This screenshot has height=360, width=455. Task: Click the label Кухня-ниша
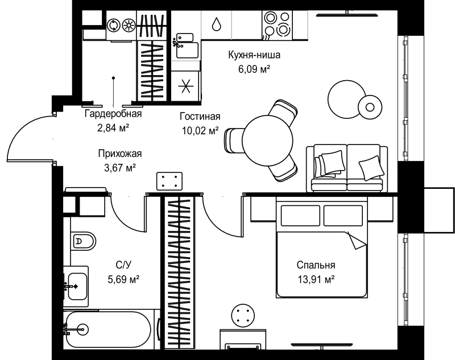pos(254,55)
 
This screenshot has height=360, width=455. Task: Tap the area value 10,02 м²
pos(200,131)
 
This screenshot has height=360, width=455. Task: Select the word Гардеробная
pos(113,113)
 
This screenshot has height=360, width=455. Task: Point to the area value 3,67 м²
pos(120,168)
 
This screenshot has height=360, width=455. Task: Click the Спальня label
pos(316,265)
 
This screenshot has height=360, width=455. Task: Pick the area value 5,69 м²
pos(123,279)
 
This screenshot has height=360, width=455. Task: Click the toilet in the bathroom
pos(83,241)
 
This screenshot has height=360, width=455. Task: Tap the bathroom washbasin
pos(77,286)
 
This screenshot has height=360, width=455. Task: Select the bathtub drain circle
pos(83,329)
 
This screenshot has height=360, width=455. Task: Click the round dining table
pos(267,140)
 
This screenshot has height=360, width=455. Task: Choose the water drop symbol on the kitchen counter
pos(216,24)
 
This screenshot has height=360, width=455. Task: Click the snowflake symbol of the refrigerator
pos(185,86)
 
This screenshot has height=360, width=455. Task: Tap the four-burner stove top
pos(277,24)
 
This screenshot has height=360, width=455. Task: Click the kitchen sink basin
pos(188,50)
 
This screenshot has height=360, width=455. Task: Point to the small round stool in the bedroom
pos(243,315)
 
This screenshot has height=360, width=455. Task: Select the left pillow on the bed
pos(300,216)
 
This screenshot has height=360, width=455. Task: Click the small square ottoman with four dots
pos(169,181)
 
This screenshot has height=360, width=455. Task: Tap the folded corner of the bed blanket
pos(357,240)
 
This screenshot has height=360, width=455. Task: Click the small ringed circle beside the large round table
pos(370,107)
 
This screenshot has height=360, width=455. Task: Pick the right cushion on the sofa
pos(371,168)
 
